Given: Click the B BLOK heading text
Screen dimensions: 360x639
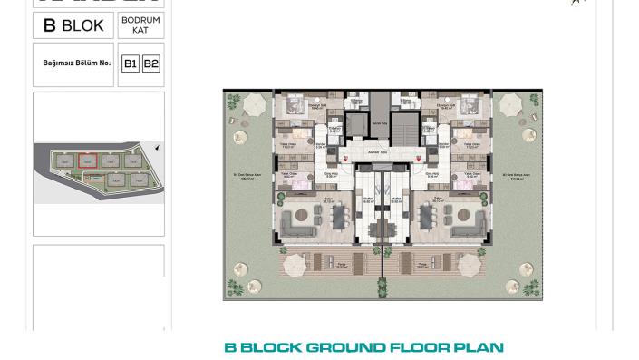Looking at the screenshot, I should tap(73, 25).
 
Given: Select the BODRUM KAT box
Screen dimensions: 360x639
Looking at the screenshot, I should tap(140, 25).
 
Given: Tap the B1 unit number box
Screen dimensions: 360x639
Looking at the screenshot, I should tap(131, 63).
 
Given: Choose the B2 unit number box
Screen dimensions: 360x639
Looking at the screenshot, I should tap(150, 63).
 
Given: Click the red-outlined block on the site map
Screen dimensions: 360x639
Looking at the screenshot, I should tap(87, 161).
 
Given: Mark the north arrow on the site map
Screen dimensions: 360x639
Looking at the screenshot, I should tap(158, 148).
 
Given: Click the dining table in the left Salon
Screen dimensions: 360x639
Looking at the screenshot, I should tap(338, 217).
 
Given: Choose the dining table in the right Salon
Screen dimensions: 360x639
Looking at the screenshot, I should tap(427, 217).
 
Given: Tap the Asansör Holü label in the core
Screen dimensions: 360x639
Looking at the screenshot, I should tap(382, 153).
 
